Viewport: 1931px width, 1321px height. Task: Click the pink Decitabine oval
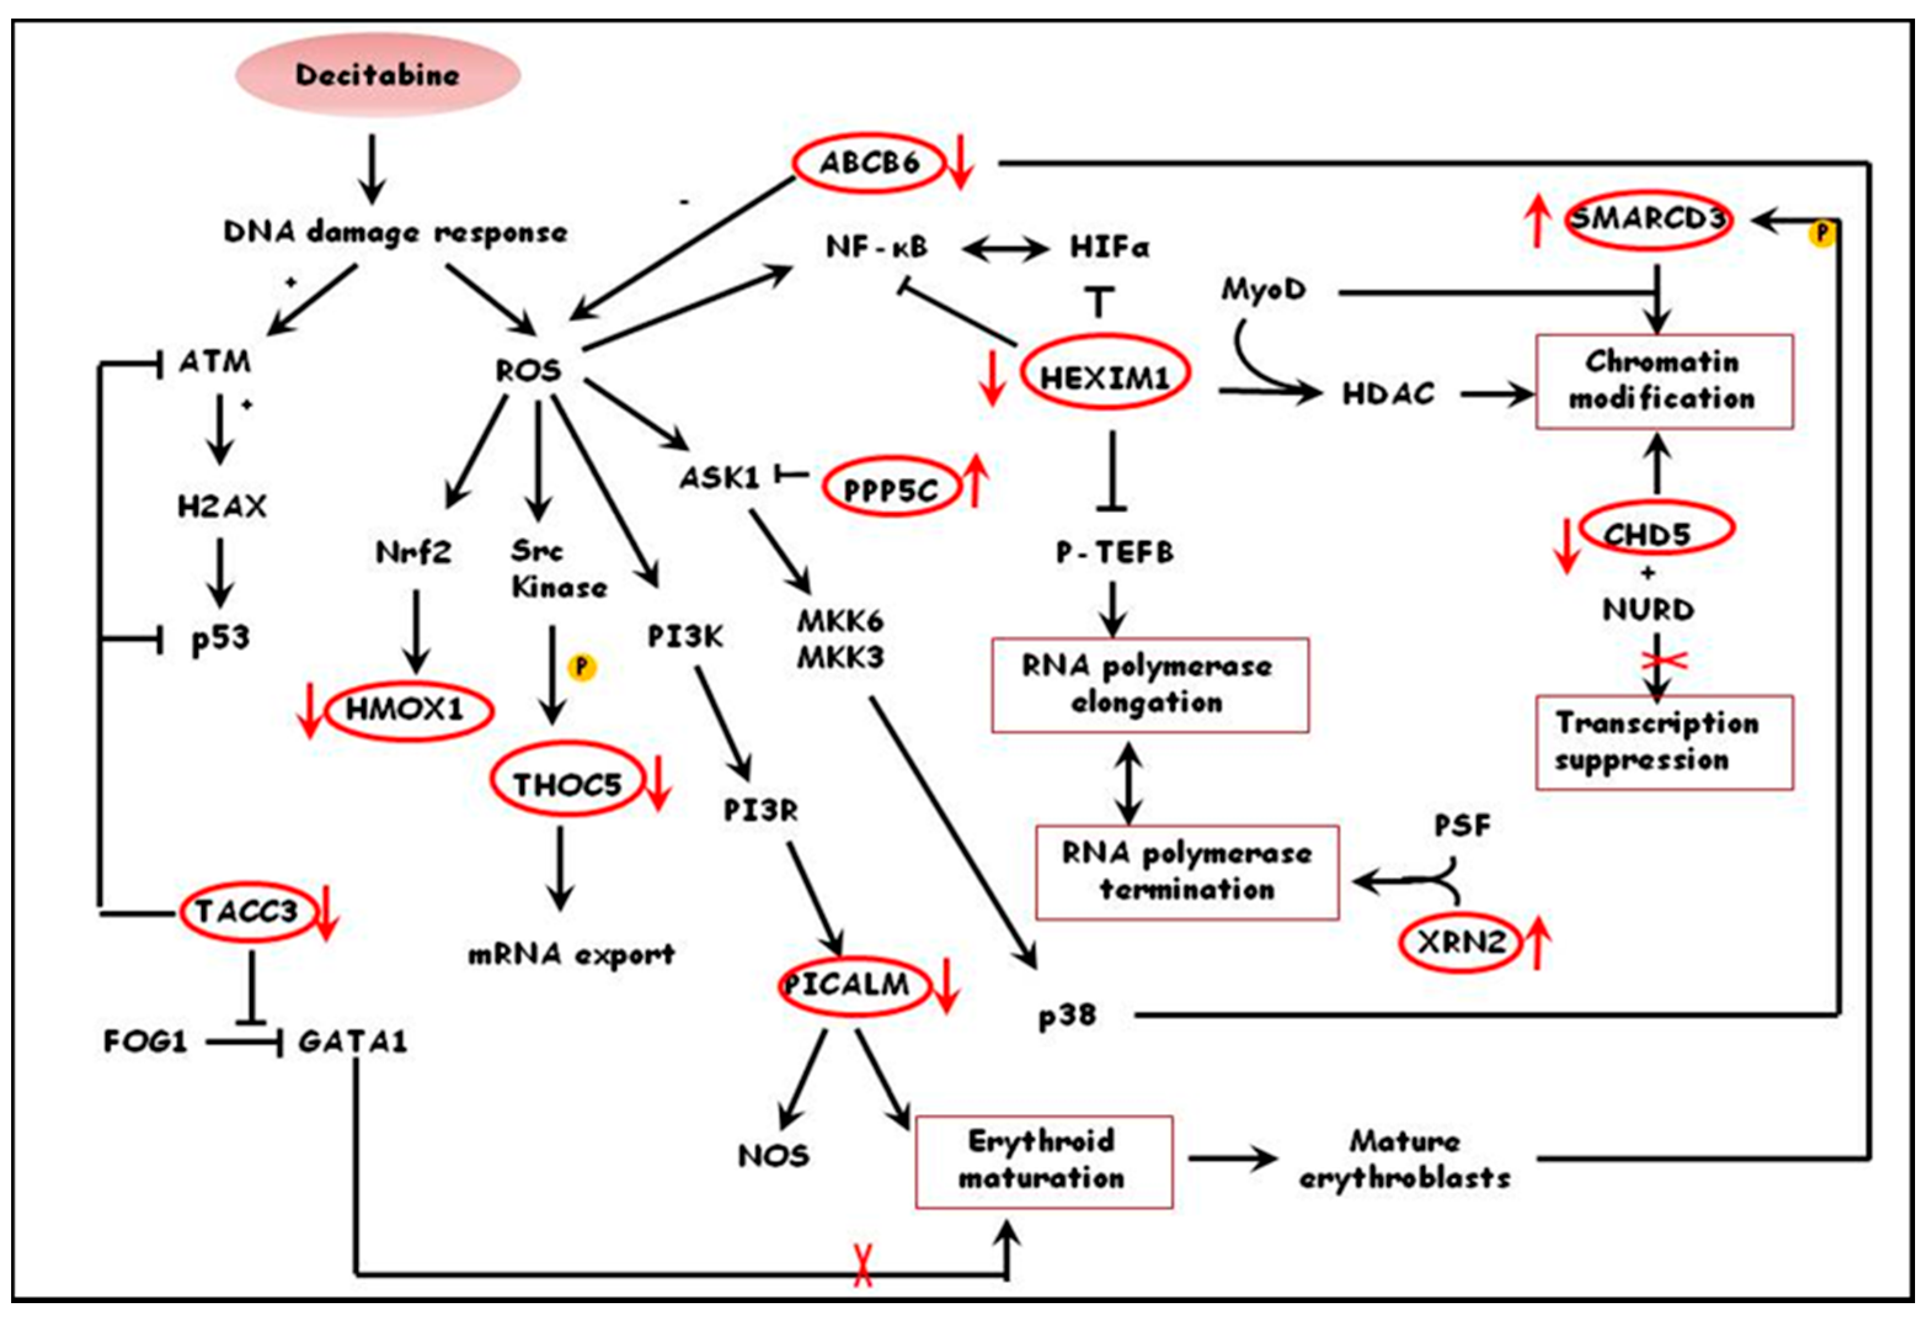378,75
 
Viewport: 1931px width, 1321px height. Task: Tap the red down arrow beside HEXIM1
991,377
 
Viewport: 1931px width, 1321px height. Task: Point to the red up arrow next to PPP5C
976,481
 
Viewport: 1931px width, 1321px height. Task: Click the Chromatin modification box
1664,382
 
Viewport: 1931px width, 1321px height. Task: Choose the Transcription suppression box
1664,742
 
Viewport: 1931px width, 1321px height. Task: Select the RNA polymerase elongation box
1150,685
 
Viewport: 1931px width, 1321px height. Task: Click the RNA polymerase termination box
1187,872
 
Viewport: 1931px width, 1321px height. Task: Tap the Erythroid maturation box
1043,1162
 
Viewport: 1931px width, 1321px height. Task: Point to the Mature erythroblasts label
1405,1159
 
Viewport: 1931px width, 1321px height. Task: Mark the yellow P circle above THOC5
581,667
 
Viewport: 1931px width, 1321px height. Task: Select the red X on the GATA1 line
862,1266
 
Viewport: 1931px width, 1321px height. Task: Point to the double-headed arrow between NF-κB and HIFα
1005,247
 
